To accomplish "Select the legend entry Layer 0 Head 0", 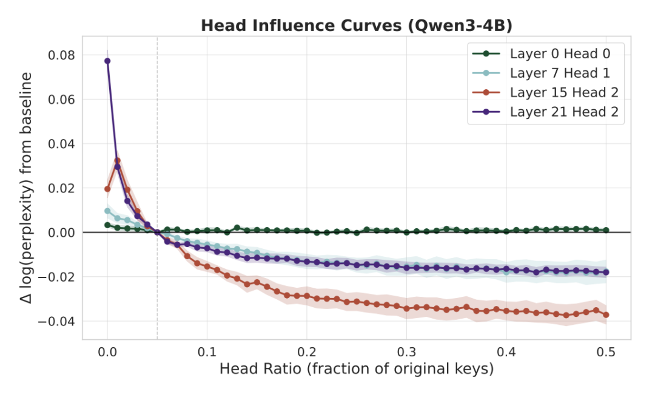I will coord(560,53).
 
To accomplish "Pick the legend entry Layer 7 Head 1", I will coord(560,73).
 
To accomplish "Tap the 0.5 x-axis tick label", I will coord(606,351).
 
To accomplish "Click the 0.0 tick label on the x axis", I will coord(107,351).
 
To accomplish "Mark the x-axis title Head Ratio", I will coord(356,369).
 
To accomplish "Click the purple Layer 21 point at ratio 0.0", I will coord(107,61).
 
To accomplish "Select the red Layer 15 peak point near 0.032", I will coord(117,161).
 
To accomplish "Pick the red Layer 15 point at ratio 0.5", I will coord(606,314).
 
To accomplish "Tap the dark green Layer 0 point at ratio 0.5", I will coord(606,231).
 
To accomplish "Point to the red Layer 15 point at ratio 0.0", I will coord(107,189).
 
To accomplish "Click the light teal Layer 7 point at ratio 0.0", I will coord(107,211).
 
